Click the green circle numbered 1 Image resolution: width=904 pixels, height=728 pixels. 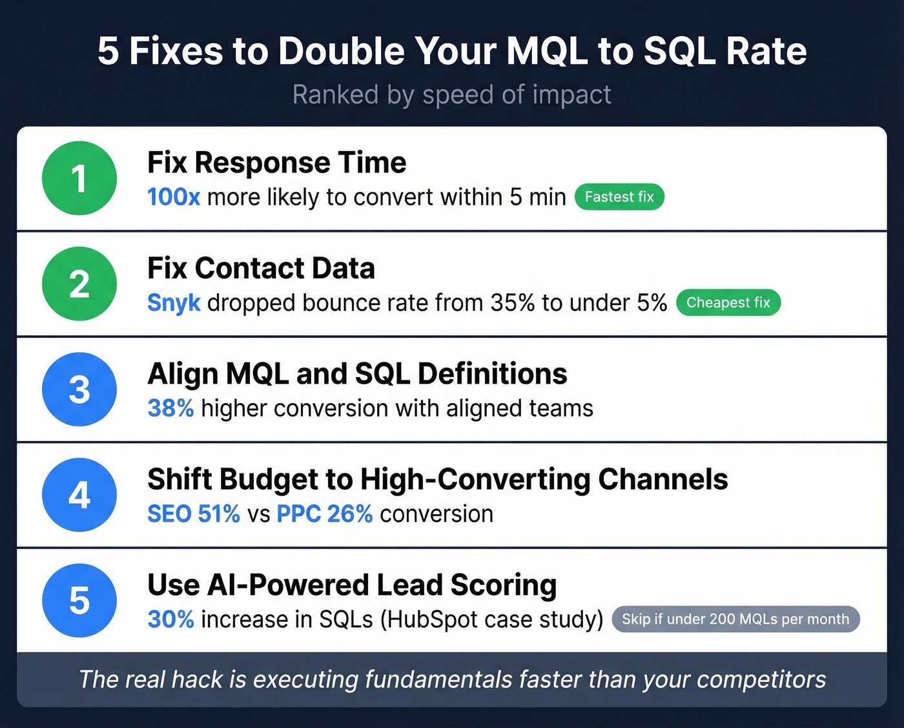[x=79, y=178]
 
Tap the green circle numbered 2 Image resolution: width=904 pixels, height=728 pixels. [x=79, y=284]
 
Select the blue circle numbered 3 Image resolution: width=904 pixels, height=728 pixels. [x=79, y=389]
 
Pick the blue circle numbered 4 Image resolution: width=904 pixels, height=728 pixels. [x=79, y=495]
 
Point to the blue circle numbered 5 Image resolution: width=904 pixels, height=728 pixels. [x=79, y=600]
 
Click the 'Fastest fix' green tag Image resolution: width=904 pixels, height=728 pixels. [x=619, y=197]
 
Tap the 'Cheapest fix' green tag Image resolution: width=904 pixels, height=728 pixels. [x=728, y=302]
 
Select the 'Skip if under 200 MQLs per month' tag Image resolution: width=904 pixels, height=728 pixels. [x=735, y=619]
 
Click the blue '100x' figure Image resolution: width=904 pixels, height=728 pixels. [x=174, y=197]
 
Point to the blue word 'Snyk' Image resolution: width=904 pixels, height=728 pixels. [x=174, y=303]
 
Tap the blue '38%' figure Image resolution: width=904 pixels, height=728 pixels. [x=170, y=408]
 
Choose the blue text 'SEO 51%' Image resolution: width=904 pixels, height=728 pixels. [x=194, y=514]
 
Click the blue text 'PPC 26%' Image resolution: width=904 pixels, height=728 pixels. [x=324, y=514]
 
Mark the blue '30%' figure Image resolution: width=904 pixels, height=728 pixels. [x=170, y=619]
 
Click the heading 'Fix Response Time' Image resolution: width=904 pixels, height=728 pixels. [x=277, y=162]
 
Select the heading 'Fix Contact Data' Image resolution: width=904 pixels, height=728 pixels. [x=261, y=268]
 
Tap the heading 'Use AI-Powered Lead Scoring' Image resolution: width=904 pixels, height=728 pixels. [x=352, y=585]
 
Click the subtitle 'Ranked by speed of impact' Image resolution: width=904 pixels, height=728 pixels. [x=451, y=94]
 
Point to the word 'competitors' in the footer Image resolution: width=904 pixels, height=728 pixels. [x=761, y=680]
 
